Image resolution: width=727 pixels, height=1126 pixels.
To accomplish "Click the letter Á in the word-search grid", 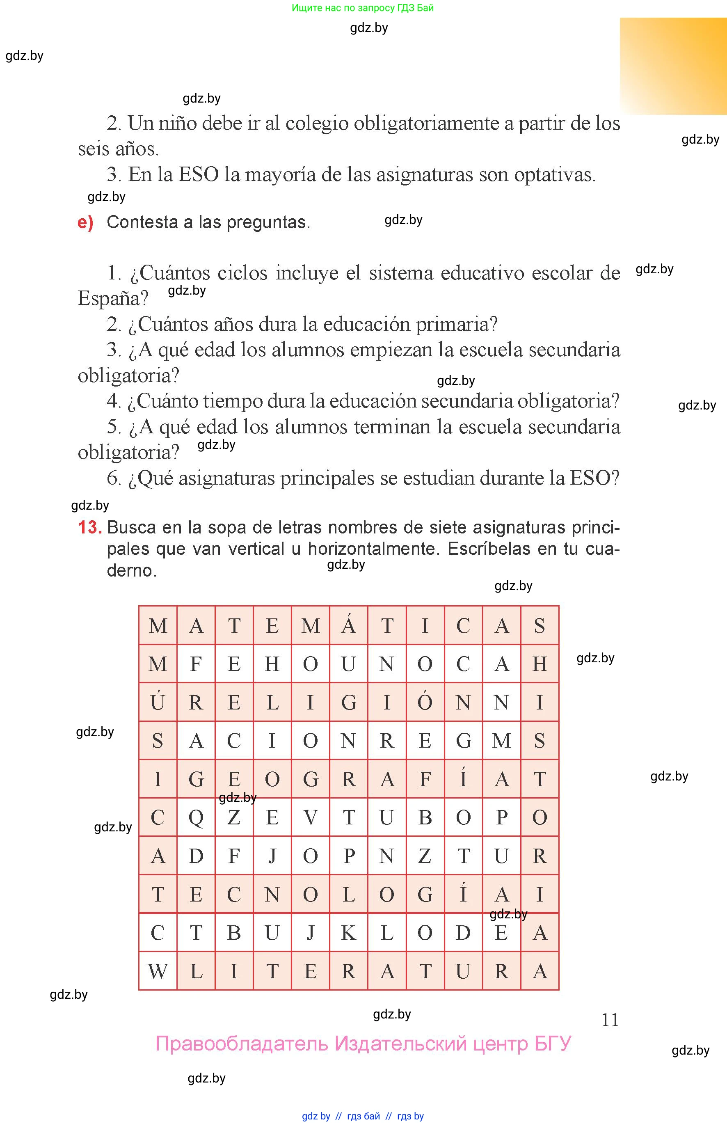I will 348,625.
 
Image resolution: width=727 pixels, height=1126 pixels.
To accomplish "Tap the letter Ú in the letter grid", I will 158,702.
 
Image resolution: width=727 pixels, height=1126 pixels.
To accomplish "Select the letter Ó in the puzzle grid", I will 425,702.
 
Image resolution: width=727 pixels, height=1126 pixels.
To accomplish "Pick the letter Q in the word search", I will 196,817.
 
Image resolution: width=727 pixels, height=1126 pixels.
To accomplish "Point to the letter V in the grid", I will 310,817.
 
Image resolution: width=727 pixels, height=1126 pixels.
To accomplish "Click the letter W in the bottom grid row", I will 158,971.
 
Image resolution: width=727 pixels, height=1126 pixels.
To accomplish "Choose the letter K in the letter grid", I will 348,932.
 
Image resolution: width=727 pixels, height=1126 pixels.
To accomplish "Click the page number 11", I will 610,1020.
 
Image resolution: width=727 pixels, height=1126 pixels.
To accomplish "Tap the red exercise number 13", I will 90,527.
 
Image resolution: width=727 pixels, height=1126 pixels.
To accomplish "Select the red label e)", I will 85,222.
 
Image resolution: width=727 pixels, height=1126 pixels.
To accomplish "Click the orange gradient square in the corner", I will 673,66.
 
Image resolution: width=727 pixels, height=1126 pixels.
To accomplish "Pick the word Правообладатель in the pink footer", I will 242,1044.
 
